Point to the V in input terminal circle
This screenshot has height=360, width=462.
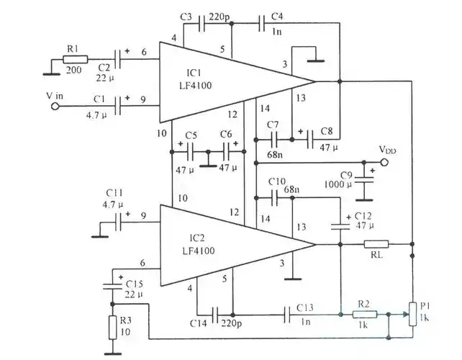click(52, 106)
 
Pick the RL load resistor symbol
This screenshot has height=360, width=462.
click(376, 245)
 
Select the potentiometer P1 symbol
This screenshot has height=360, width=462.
click(412, 313)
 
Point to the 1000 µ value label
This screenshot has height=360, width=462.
click(338, 185)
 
